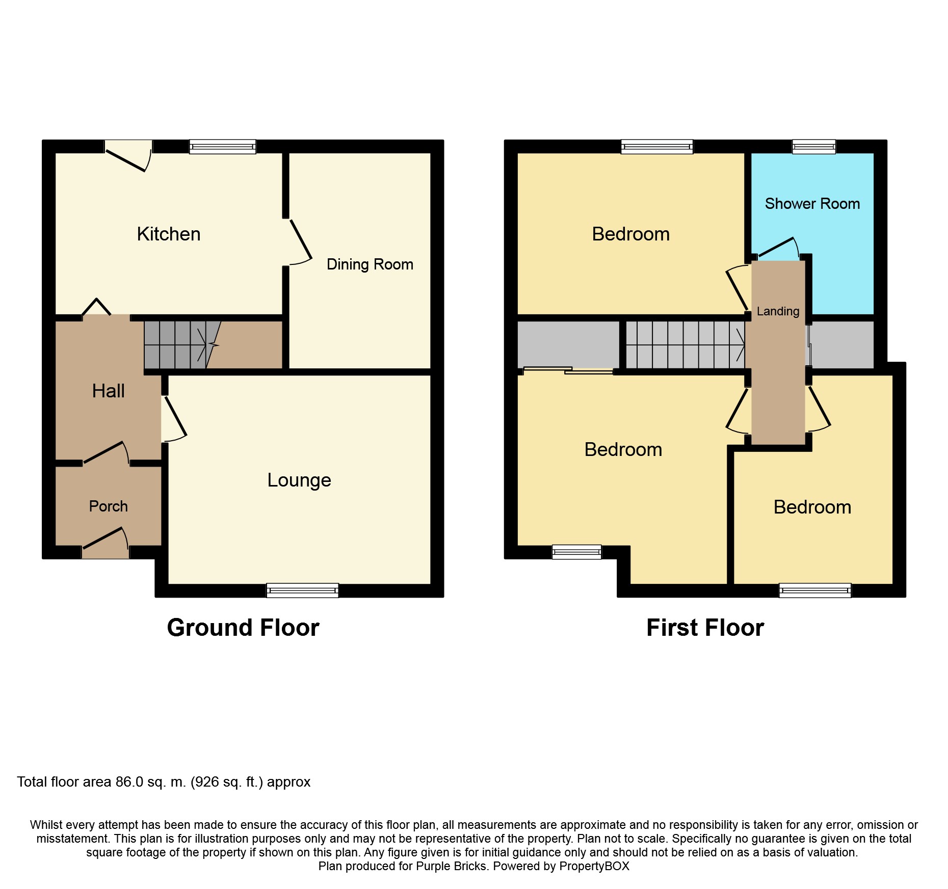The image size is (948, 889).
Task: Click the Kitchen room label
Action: click(169, 234)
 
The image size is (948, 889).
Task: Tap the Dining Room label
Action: click(370, 264)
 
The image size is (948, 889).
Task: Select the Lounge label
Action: click(299, 480)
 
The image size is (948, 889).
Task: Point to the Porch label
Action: click(108, 506)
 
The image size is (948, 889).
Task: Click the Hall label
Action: click(108, 391)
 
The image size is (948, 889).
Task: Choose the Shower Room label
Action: click(812, 204)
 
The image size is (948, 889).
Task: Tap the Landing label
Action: click(778, 311)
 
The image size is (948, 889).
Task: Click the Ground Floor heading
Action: click(243, 628)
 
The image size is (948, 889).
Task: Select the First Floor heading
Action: click(705, 628)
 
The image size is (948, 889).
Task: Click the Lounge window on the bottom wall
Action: click(302, 590)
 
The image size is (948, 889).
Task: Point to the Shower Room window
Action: click(814, 147)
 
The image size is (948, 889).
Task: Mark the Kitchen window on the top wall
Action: click(223, 147)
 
